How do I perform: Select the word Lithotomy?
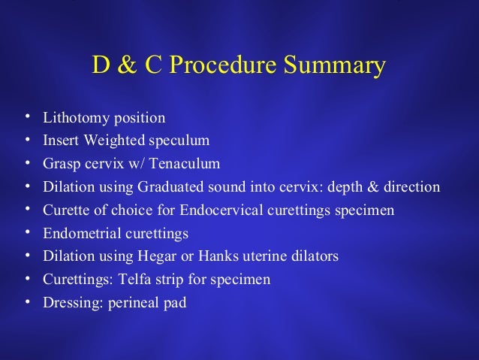pyautogui.click(x=72, y=118)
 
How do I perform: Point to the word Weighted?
pyautogui.click(x=105, y=141)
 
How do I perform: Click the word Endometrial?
pyautogui.click(x=78, y=233)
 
